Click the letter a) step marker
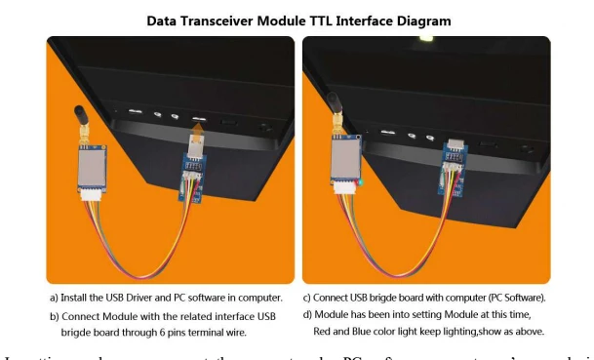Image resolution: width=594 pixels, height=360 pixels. (x=57, y=297)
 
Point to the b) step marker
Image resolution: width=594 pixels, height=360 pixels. (x=57, y=316)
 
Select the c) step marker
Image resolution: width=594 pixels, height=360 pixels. (x=308, y=297)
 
